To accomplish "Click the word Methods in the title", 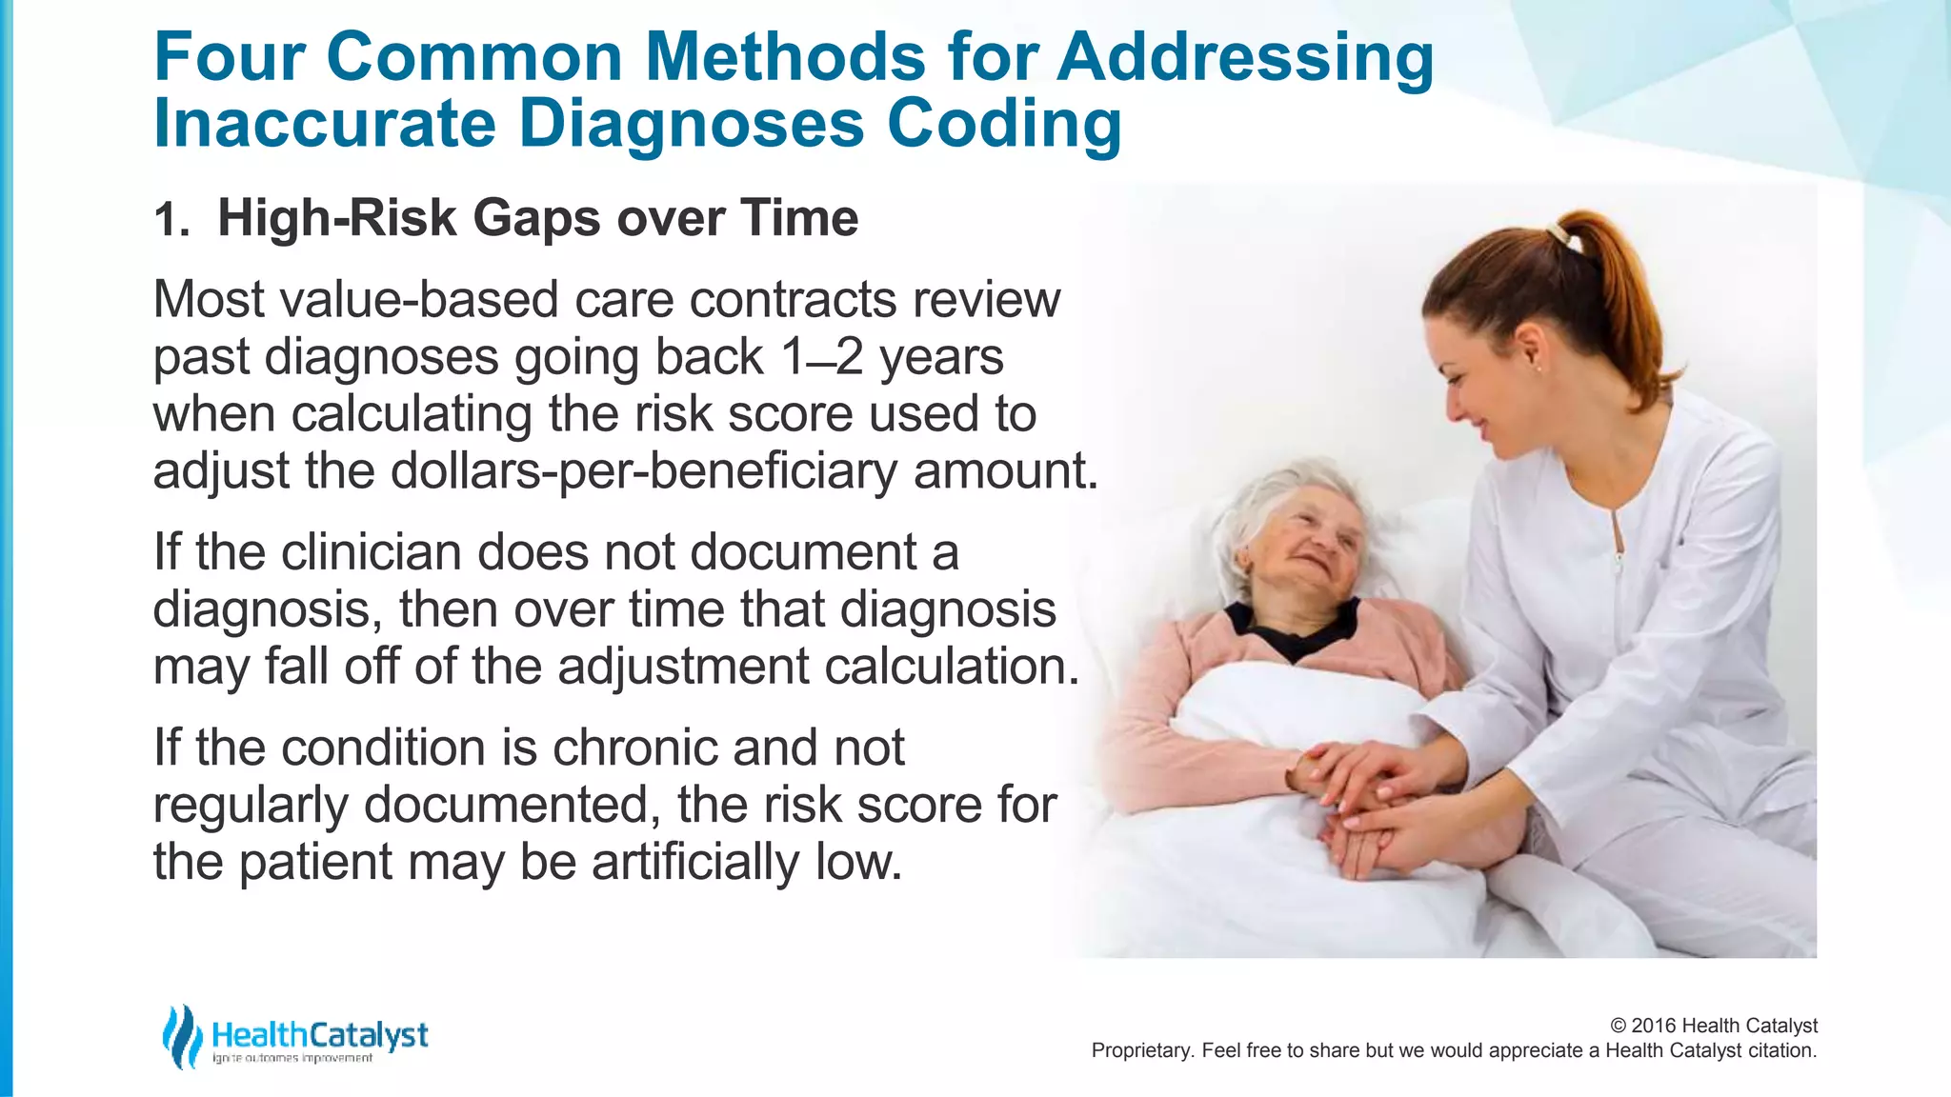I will click(x=785, y=57).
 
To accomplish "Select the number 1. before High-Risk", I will click(x=171, y=221).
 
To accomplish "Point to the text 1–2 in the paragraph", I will click(x=821, y=358).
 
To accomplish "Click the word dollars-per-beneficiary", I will click(x=644, y=471).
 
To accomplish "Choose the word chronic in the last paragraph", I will click(x=635, y=748).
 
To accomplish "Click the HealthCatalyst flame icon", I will click(x=181, y=1036).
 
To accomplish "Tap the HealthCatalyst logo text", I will click(x=320, y=1035).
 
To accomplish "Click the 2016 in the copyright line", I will click(x=1654, y=1026).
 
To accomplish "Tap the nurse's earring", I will click(x=1537, y=367).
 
